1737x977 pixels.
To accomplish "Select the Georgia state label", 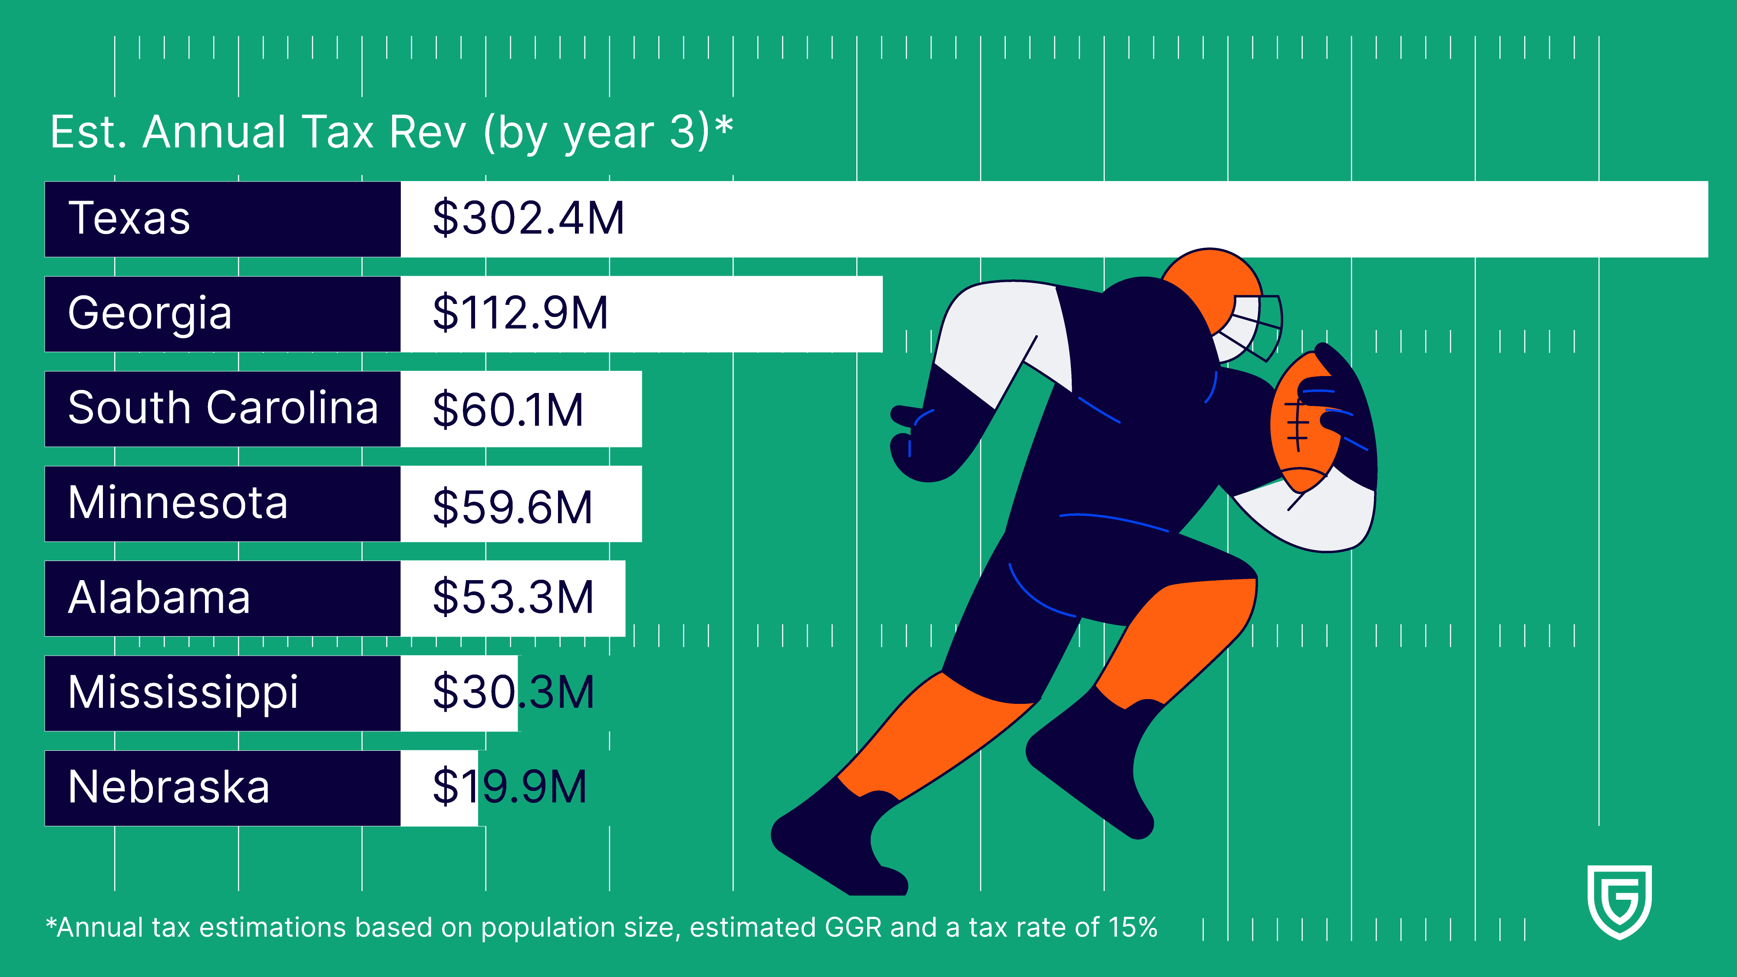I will click(150, 314).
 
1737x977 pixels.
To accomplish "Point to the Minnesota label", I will click(178, 503).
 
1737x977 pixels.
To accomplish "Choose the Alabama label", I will click(159, 598).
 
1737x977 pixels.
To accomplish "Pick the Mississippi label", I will click(183, 693).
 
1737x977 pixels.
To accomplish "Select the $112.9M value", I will click(520, 314).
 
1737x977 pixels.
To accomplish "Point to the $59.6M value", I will click(512, 506).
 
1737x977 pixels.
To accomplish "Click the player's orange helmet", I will click(1214, 283).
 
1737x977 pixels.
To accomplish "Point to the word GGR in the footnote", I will click(853, 928).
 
